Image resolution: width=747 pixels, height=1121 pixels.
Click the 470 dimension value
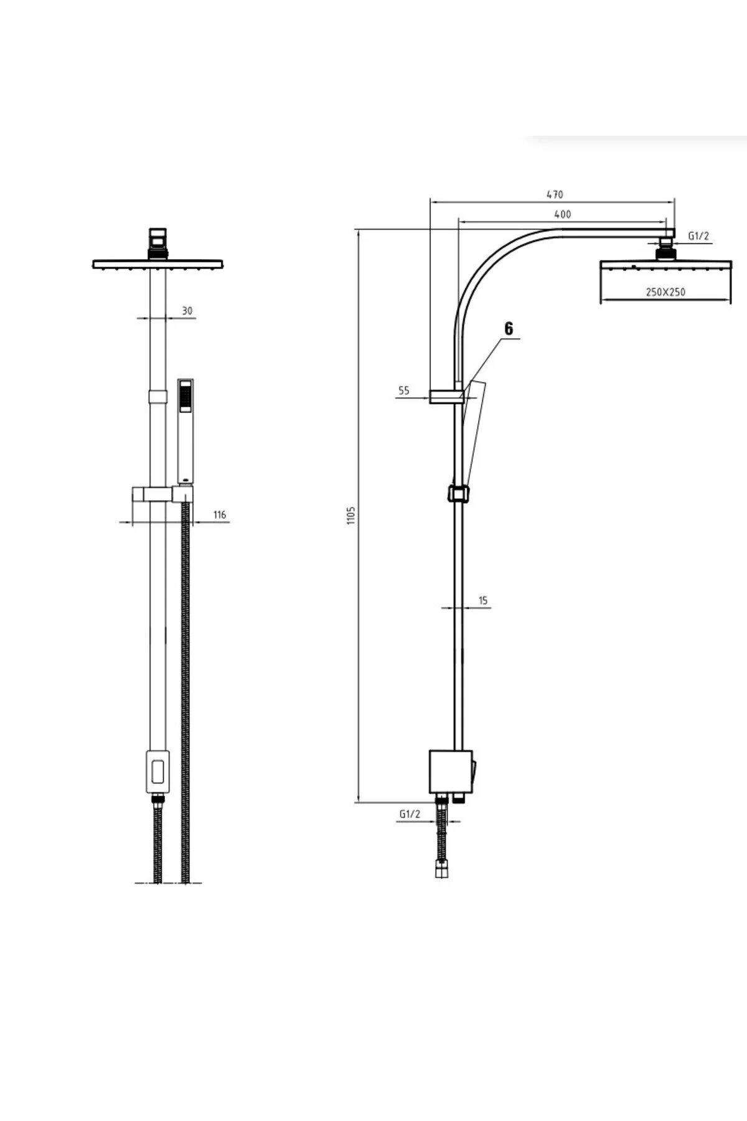555,194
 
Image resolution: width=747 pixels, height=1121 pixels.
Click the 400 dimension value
562,214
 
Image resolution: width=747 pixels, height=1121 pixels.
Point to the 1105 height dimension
350,516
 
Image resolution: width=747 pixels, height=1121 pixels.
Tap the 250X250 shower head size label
665,291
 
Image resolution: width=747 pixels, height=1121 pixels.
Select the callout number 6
509,329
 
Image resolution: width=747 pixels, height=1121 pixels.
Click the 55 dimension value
403,390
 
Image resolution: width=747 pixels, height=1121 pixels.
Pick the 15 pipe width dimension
484,600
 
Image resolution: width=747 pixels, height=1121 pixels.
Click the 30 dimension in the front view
187,310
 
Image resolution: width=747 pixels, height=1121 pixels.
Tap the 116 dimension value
219,514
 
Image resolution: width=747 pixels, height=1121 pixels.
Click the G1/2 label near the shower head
698,236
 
